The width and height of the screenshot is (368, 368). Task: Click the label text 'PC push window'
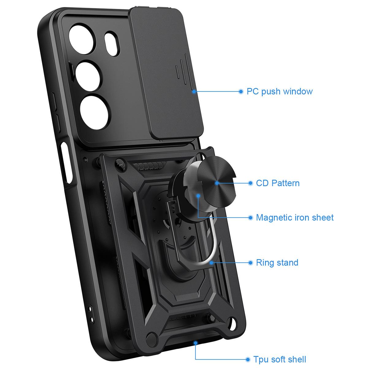(x=279, y=91)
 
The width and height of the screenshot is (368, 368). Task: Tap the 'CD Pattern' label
(x=278, y=183)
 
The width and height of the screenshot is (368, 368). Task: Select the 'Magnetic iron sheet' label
(x=295, y=217)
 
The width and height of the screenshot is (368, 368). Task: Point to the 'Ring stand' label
(x=277, y=263)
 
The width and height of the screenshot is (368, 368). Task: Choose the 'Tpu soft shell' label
(x=280, y=354)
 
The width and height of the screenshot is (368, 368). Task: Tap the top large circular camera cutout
(x=81, y=39)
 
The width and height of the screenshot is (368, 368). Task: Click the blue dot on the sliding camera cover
(x=194, y=91)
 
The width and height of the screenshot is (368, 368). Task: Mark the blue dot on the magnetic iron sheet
(x=198, y=196)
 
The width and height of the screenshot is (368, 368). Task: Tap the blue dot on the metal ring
(x=211, y=263)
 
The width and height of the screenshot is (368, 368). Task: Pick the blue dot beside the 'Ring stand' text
(x=250, y=263)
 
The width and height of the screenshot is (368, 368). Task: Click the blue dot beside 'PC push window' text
(x=241, y=91)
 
